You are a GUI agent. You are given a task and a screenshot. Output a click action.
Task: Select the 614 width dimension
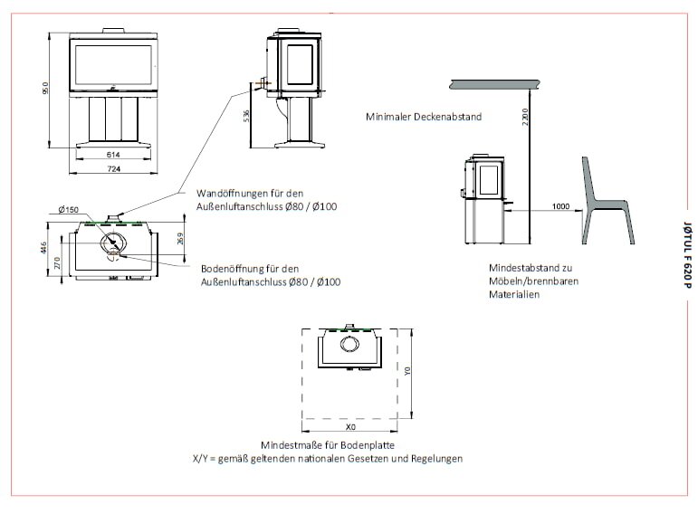(x=114, y=156)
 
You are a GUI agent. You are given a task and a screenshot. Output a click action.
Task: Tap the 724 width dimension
(x=114, y=169)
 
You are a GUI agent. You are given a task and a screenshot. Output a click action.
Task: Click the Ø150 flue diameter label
(x=67, y=210)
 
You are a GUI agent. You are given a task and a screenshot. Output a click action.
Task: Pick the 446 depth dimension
(x=45, y=247)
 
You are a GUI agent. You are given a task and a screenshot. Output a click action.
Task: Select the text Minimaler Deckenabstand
(x=424, y=117)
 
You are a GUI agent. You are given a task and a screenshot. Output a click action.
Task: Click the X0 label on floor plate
(x=351, y=426)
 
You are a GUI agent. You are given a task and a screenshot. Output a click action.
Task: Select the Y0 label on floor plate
(x=407, y=371)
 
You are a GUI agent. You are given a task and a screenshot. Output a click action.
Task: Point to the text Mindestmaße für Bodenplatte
(x=315, y=445)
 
